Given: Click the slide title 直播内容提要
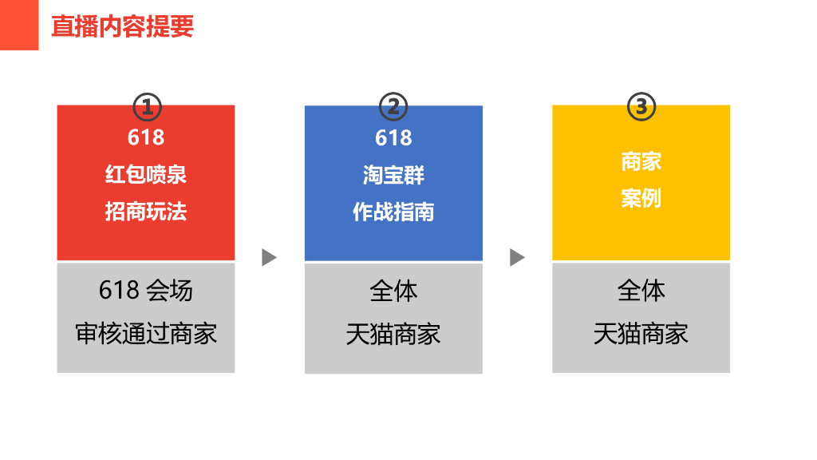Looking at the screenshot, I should pyautogui.click(x=122, y=26).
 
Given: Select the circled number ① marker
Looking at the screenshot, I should pyautogui.click(x=146, y=106).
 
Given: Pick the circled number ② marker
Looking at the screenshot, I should pyautogui.click(x=393, y=106).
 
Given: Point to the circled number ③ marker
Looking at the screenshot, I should pyautogui.click(x=641, y=106).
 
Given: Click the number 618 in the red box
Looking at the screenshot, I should pyautogui.click(x=146, y=137).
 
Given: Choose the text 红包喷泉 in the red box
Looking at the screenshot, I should pyautogui.click(x=146, y=174).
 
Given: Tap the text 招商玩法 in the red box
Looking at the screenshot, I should pyautogui.click(x=146, y=212).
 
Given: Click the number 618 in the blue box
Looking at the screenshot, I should pyautogui.click(x=393, y=137).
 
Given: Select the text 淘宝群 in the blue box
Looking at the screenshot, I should pyautogui.click(x=393, y=175).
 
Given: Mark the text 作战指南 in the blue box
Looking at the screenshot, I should pyautogui.click(x=393, y=212).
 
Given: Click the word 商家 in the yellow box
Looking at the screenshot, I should pyautogui.click(x=641, y=161).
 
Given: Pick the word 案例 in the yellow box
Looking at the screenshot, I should pyautogui.click(x=641, y=198).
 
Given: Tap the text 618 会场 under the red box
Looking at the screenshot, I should pyautogui.click(x=146, y=290).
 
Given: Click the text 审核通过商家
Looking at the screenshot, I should pyautogui.click(x=146, y=333).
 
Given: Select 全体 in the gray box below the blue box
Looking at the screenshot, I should pyautogui.click(x=393, y=291).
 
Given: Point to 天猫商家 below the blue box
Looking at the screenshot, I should pyautogui.click(x=393, y=334).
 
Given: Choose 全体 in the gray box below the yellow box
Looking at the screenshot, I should pyautogui.click(x=641, y=291).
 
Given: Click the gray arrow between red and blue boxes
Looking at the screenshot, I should pyautogui.click(x=269, y=257).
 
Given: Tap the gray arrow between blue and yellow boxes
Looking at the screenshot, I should pyautogui.click(x=517, y=257).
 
